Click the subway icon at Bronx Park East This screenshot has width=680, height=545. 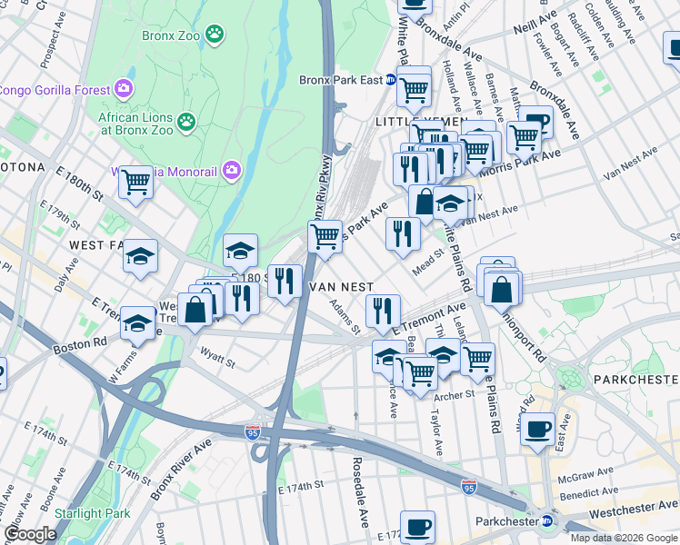pos(390,80)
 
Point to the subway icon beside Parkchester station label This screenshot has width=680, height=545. pos(546,521)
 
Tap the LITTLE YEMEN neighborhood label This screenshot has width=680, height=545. pos(419,121)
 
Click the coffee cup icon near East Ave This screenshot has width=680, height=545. pos(537,429)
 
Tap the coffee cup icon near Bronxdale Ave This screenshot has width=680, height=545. pos(535,121)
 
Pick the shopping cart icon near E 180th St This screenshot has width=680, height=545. pos(135,181)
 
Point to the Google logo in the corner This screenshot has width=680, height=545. pos(30,534)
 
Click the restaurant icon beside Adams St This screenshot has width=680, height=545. pos(383,311)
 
